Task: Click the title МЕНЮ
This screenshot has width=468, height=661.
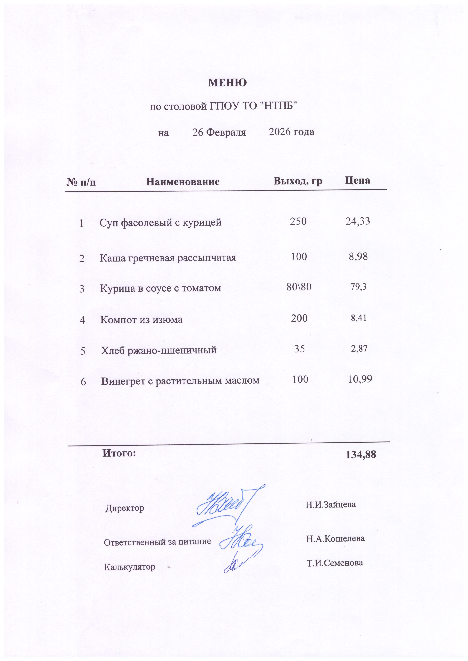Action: [x=227, y=83]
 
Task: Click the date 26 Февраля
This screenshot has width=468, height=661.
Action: [x=219, y=133]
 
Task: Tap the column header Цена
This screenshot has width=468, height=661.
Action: [x=357, y=181]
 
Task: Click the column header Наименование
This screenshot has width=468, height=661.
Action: [x=183, y=182]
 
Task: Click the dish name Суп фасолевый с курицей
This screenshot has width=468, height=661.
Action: [x=161, y=223]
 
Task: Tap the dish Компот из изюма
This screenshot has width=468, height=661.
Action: [x=141, y=319]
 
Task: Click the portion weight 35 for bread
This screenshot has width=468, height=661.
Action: [x=299, y=349]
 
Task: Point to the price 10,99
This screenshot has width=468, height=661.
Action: [x=360, y=379]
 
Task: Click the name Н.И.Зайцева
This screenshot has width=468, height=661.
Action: [x=330, y=504]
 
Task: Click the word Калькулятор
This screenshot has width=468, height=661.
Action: [x=129, y=567]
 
